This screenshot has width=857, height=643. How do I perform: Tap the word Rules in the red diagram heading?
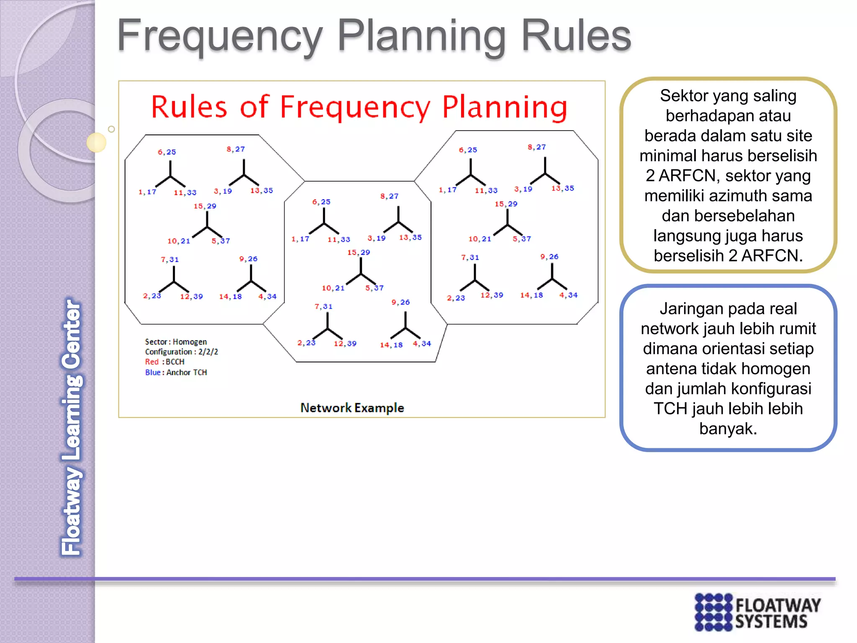189,107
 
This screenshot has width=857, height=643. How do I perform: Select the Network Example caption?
352,408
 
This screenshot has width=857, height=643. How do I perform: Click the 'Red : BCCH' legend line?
164,362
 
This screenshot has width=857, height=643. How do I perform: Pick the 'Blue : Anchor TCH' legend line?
176,372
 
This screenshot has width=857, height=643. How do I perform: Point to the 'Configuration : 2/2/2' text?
181,352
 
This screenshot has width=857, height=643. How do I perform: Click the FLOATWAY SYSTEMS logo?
757,612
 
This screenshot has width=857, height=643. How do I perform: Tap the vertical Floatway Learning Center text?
71,427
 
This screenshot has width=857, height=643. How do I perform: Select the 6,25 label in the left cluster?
167,152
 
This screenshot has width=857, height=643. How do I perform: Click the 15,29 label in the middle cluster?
359,252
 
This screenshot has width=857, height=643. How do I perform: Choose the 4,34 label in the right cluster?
568,295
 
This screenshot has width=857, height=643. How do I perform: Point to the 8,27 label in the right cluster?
536,147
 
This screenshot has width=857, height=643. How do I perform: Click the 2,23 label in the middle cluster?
306,343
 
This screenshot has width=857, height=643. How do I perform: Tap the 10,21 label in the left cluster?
179,241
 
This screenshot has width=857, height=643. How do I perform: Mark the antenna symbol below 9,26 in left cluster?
251,280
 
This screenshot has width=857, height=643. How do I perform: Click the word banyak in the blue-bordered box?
728,429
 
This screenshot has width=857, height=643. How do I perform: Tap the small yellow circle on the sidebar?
96,142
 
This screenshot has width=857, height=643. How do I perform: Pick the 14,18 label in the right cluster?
531,295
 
